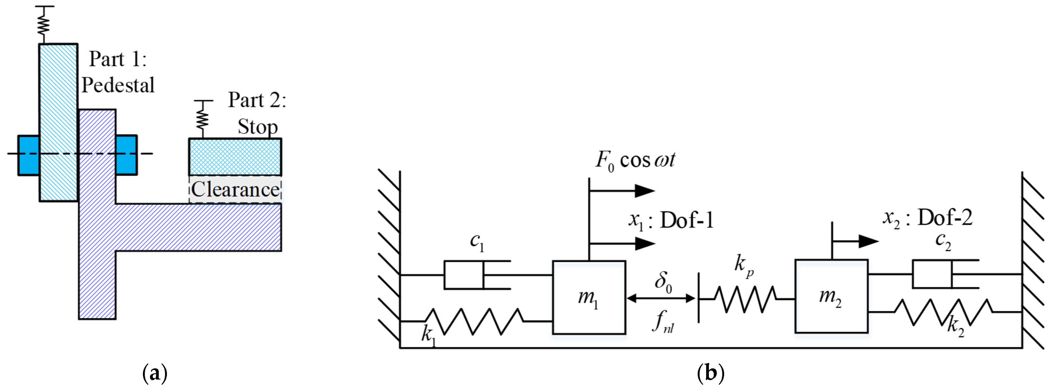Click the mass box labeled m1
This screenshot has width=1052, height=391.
coord(589,297)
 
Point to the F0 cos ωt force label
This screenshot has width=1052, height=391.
coord(635,160)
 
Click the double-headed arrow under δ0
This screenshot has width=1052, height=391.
coord(661,298)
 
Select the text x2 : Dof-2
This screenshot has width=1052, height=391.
coord(927,218)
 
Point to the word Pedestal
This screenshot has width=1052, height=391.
coord(118,85)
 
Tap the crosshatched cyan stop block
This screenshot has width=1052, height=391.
coord(235,157)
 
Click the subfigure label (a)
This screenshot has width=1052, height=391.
coord(155,373)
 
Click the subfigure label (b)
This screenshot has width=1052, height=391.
coord(711,373)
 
